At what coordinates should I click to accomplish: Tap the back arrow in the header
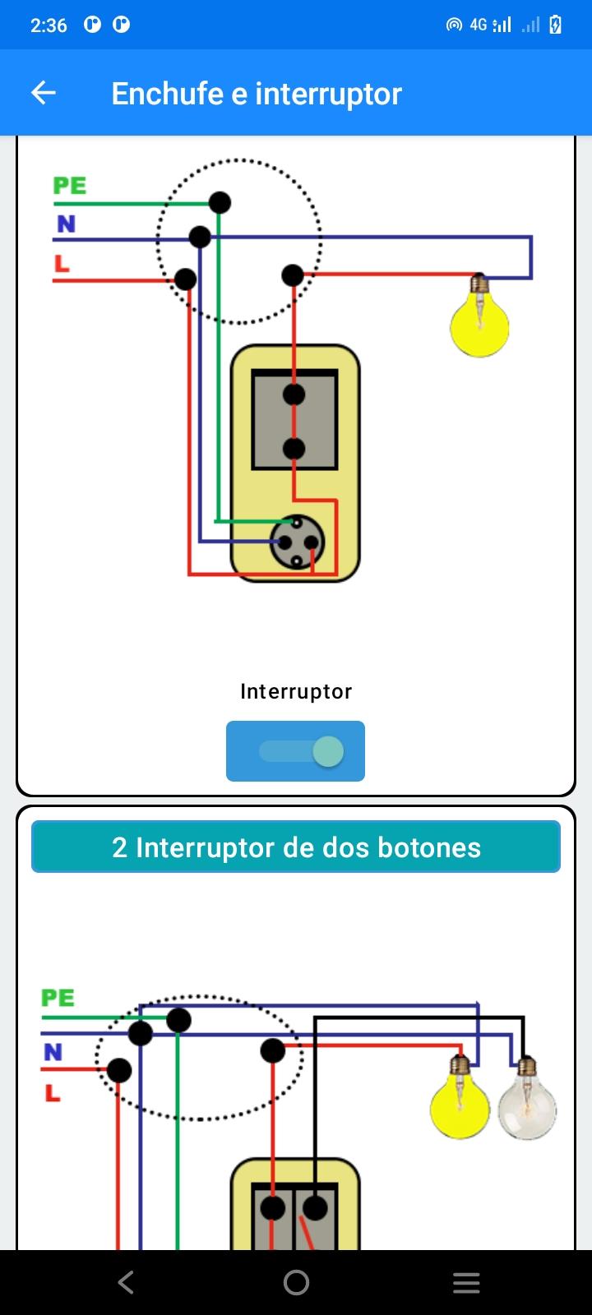43,93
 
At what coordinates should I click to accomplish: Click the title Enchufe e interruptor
257,94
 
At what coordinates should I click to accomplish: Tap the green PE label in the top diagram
70,186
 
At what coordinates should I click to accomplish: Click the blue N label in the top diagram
66,224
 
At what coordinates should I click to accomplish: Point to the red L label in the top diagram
62,263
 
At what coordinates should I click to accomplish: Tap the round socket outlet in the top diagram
297,542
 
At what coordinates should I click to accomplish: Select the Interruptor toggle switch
295,751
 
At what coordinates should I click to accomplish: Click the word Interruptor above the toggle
296,691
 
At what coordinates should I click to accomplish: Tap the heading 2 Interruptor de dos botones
296,847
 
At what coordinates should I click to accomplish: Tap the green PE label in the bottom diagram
58,998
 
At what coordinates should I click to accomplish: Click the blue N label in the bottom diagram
53,1051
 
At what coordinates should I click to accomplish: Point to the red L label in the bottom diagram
53,1092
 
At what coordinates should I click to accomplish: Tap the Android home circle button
296,1283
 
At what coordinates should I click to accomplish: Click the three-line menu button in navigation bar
466,1283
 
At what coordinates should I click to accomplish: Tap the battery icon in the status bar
555,25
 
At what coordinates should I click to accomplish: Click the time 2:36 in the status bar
49,25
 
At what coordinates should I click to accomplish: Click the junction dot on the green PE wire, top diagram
220,202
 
